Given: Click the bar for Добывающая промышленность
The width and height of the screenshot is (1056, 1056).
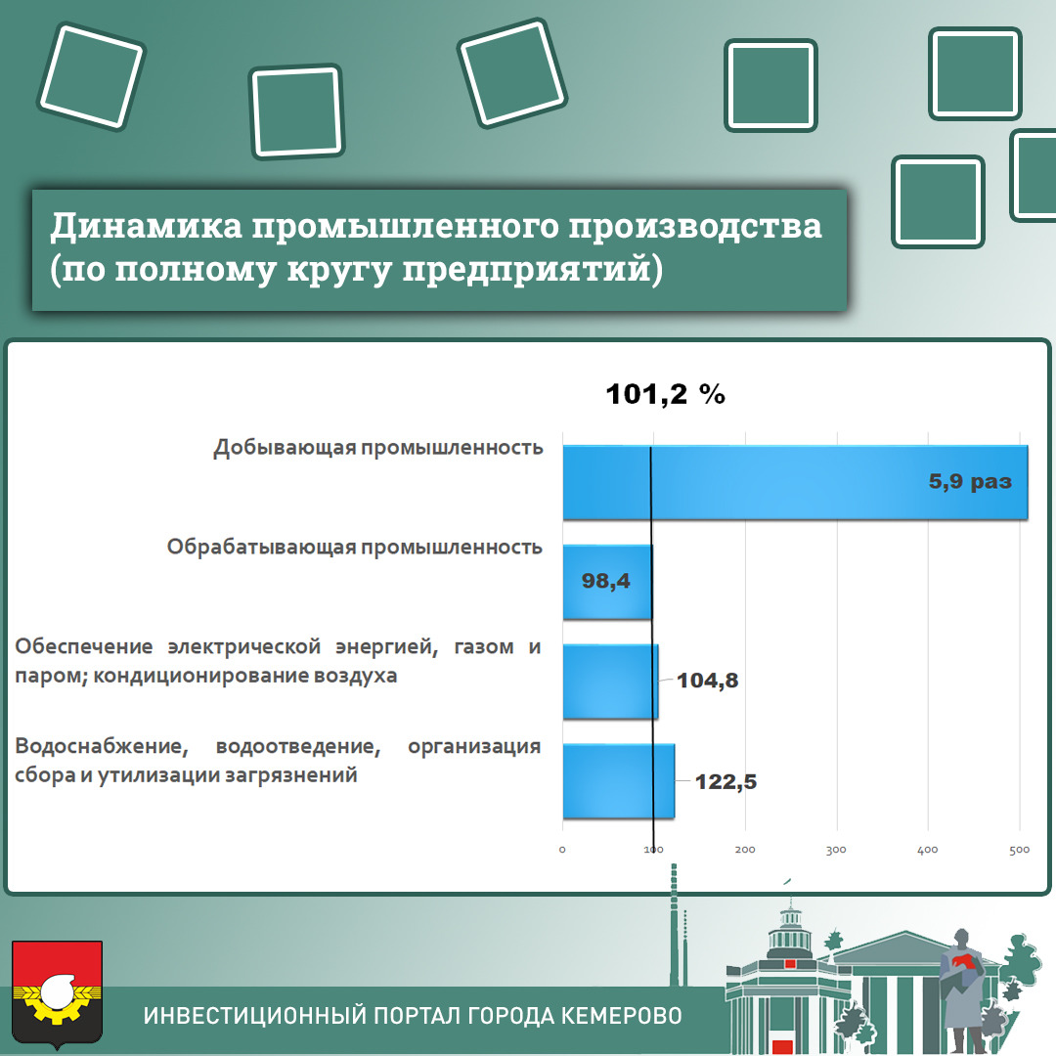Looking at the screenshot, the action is click(795, 482).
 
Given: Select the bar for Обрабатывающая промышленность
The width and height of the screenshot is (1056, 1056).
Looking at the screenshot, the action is click(607, 582).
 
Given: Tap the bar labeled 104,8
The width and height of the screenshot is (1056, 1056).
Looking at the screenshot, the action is click(610, 682).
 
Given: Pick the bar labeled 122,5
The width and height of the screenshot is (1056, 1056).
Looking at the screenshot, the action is click(618, 781).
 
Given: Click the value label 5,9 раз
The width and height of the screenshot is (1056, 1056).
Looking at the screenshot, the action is click(970, 481).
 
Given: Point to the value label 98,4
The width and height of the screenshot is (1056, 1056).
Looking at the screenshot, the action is click(605, 581).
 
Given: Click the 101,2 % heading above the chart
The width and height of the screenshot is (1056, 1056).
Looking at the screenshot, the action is click(666, 394).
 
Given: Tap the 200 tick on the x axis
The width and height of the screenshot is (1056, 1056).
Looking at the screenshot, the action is click(745, 850).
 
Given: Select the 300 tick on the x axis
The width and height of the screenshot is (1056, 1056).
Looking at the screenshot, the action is click(836, 850).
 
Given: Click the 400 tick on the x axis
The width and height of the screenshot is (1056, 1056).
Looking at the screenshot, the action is click(927, 850).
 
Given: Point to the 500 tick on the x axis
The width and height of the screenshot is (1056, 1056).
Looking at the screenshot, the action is click(1019, 850).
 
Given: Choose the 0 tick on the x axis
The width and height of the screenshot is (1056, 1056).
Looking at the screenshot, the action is click(562, 850).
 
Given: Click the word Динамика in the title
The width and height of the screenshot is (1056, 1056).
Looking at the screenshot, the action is click(146, 226).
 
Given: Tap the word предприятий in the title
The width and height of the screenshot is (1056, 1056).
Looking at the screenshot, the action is click(527, 269).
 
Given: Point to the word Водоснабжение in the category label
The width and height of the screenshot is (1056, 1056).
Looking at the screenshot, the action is click(101, 746).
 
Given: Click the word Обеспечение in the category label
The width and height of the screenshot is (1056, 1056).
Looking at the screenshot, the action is click(83, 646).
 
